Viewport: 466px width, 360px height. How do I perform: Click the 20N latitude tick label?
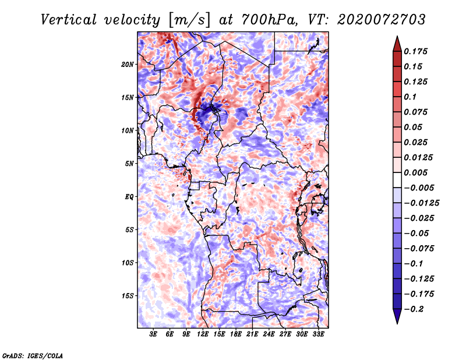point(128,64)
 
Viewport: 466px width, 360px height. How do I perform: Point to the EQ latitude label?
point(129,197)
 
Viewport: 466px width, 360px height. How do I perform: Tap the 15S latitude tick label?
point(128,296)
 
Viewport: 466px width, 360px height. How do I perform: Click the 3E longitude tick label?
point(153,334)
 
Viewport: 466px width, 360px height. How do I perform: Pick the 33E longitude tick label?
point(318,334)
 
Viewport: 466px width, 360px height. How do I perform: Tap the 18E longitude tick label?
point(236,334)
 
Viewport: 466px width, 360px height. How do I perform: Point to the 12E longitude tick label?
point(203,334)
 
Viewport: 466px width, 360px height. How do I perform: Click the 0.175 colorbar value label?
point(415,51)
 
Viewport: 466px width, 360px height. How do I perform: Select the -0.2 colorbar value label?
point(414,309)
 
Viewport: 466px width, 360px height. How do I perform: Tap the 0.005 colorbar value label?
point(415,172)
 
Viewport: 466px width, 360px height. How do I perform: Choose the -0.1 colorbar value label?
point(414,264)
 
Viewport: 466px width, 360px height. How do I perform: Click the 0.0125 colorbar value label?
point(418,157)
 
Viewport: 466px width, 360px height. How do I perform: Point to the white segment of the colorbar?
point(397,180)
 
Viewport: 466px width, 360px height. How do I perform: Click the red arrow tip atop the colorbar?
point(397,36)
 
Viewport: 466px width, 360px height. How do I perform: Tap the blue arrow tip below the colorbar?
point(397,323)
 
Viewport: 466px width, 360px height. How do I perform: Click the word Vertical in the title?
point(69,20)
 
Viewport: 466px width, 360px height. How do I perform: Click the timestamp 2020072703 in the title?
point(382,20)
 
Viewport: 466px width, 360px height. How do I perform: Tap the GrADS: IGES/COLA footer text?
point(33,355)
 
